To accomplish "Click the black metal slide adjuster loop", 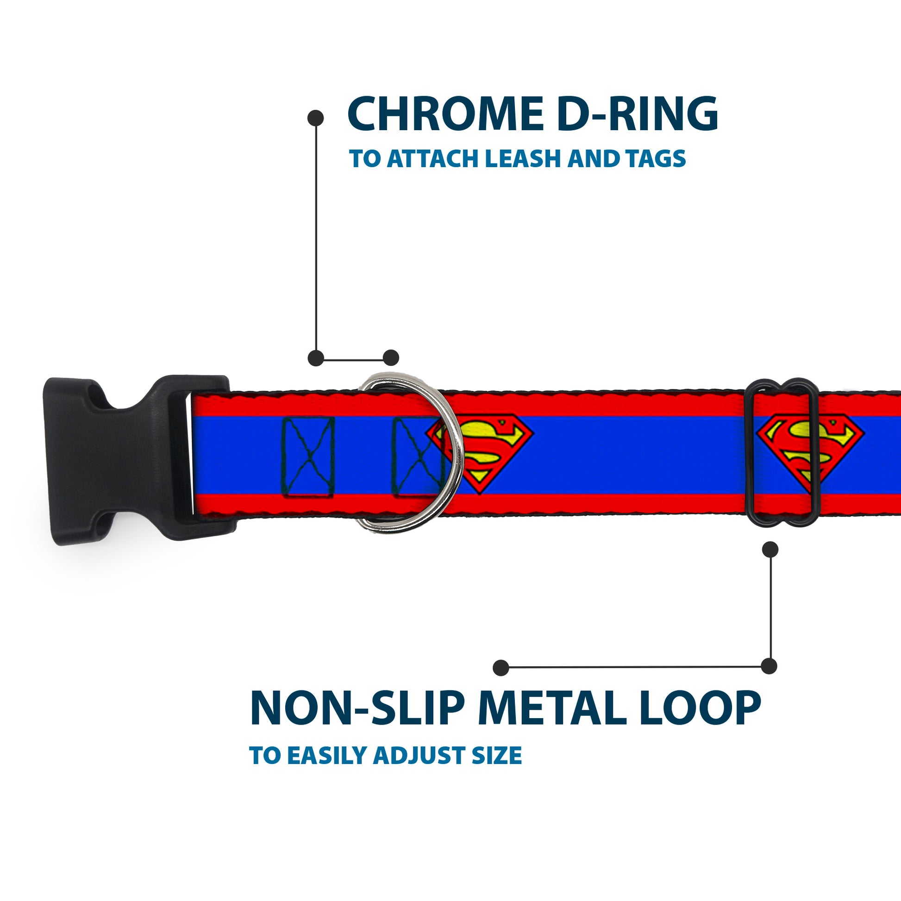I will (782, 452).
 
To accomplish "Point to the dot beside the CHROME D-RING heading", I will (316, 118).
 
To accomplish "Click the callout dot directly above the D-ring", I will (391, 358).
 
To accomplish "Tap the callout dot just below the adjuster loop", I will (770, 549).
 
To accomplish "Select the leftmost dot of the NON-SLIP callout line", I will (501, 667).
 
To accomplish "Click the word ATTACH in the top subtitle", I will (435, 158).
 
